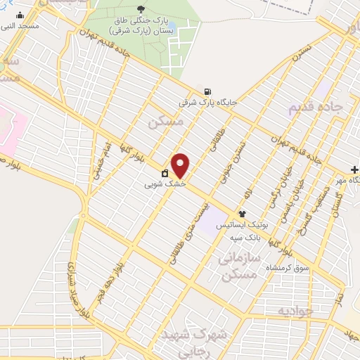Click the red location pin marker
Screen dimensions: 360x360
click(181, 165)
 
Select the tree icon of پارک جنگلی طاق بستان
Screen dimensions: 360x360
click(141, 10)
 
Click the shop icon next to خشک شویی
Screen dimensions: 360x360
click(165, 173)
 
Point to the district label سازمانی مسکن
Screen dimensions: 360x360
click(240, 266)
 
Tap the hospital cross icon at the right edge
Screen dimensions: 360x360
click(355, 169)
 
